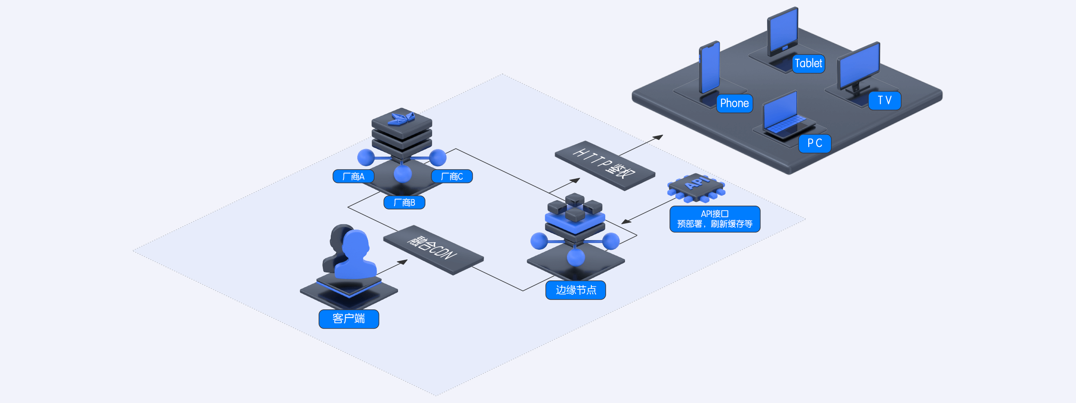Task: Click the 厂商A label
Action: point(353,176)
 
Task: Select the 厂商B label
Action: point(404,202)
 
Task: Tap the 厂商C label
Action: point(452,176)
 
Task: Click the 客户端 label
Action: point(348,319)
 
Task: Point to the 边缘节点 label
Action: point(575,290)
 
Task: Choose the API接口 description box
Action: point(715,219)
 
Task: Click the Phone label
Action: point(734,103)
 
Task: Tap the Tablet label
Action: point(808,63)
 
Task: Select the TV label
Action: point(884,100)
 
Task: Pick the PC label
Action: point(815,143)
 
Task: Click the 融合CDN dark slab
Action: point(433,249)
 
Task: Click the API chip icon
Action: point(696,186)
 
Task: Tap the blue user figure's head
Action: point(356,243)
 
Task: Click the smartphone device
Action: point(709,67)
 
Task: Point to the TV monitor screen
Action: point(858,65)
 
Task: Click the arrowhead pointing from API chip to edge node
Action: point(625,222)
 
